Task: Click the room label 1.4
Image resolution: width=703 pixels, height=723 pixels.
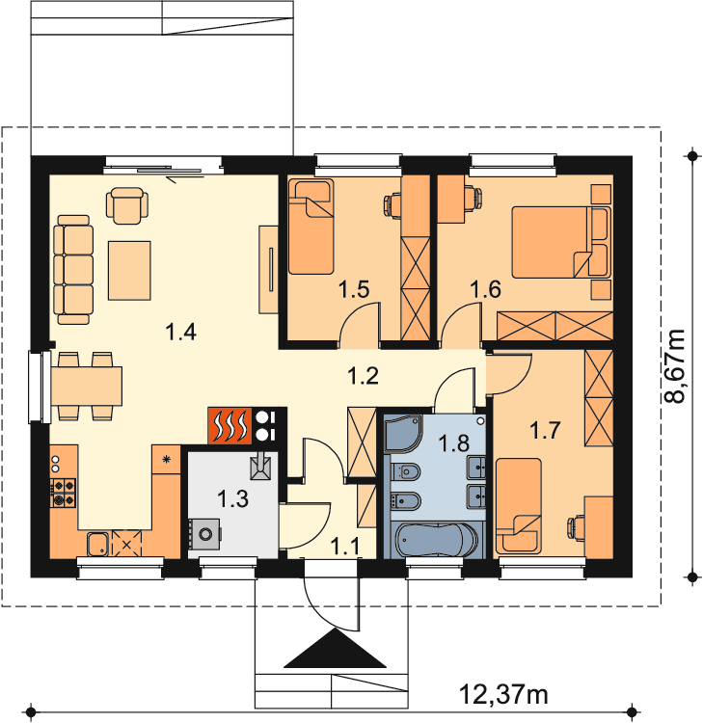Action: [x=181, y=332]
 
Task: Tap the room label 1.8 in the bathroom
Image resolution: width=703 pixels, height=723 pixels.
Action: [x=454, y=443]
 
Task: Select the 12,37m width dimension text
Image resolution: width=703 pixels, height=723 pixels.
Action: [x=503, y=693]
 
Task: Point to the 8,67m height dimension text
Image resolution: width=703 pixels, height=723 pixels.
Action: [x=674, y=366]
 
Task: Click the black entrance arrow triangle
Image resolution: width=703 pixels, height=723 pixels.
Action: [x=336, y=649]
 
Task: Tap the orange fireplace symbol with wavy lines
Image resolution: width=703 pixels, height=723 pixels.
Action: [x=230, y=425]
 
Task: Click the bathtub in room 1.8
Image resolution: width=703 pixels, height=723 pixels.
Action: [x=437, y=541]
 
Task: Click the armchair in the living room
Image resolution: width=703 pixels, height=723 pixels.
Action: [x=127, y=205]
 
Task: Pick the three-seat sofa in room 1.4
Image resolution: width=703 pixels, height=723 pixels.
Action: [x=73, y=269]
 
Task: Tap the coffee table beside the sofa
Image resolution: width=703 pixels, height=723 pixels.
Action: [x=129, y=270]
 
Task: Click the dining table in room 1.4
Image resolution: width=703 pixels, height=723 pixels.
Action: [x=87, y=386]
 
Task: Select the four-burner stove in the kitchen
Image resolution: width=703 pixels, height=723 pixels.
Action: [x=63, y=493]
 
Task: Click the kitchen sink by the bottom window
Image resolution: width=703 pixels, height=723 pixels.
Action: [x=97, y=544]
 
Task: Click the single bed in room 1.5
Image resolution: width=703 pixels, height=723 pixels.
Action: [x=311, y=226]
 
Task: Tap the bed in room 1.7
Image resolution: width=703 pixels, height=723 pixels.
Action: [x=519, y=505]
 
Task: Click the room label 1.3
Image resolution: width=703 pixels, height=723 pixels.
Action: [x=233, y=499]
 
